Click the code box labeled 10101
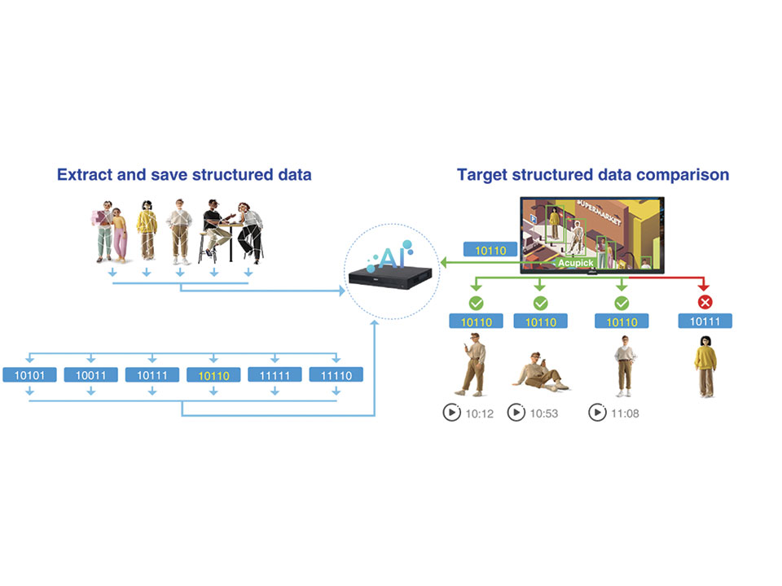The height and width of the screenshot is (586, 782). [29, 375]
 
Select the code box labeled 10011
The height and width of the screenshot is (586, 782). [90, 375]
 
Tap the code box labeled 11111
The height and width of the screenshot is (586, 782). [275, 375]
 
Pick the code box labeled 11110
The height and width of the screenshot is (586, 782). [336, 375]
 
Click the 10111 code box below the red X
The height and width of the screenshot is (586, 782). [705, 321]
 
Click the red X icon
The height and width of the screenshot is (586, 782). [705, 303]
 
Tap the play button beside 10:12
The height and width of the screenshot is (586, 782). [450, 413]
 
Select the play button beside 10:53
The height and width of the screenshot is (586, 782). [516, 413]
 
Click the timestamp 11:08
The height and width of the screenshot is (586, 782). [625, 413]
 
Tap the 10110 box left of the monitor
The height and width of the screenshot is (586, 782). [490, 250]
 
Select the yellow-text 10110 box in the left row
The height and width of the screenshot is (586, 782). [213, 375]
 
